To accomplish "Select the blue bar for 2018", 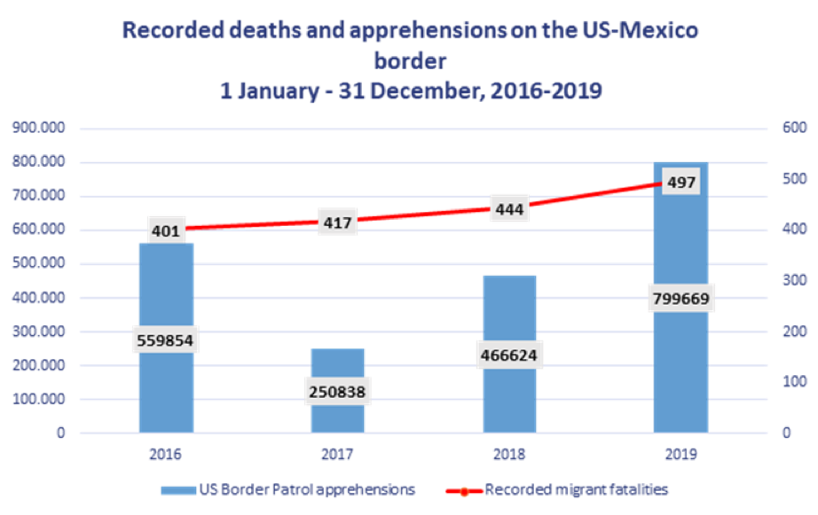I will click(509, 310).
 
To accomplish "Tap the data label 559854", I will click(166, 339).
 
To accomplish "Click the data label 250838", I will click(338, 391).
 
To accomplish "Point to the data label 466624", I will click(509, 355).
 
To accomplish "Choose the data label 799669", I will click(681, 299).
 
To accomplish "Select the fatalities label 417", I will click(338, 222).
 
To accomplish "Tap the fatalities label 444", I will click(509, 208).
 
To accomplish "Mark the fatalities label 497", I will click(681, 183).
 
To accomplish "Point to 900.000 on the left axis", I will click(40, 128).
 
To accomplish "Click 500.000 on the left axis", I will click(40, 263).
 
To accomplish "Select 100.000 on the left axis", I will click(40, 399).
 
